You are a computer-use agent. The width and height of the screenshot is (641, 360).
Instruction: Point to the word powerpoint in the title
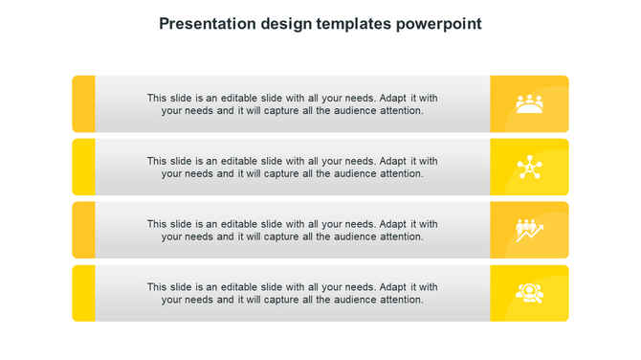(440, 24)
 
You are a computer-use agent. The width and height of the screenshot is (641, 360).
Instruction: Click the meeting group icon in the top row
(529, 103)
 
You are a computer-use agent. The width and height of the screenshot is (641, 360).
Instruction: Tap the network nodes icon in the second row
(529, 167)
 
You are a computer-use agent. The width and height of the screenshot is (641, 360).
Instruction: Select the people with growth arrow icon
(529, 230)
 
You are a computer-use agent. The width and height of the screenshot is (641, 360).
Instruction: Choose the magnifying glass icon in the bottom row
(529, 293)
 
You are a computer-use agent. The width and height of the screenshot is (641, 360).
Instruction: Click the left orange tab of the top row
(83, 103)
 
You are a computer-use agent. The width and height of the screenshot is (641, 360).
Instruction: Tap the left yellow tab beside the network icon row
(83, 167)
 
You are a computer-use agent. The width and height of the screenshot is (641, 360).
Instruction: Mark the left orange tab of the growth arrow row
(83, 230)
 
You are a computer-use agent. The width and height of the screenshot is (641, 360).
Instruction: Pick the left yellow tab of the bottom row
(83, 293)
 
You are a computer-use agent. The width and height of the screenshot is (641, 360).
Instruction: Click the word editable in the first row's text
(238, 98)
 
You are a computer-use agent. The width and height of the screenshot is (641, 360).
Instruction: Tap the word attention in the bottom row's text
(401, 300)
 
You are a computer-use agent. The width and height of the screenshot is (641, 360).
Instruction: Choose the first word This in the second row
(158, 161)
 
